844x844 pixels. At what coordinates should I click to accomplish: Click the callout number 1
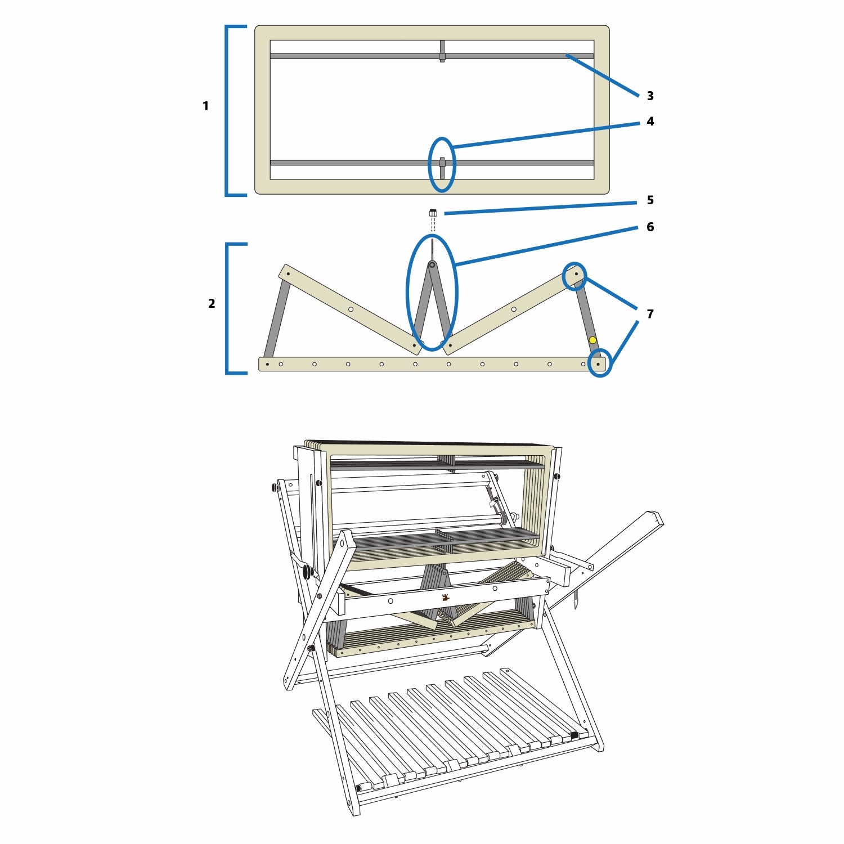pyautogui.click(x=205, y=106)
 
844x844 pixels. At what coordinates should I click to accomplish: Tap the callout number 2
pyautogui.click(x=212, y=304)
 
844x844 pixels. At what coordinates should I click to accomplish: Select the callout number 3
pyautogui.click(x=650, y=96)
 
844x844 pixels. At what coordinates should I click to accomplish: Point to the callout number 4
pyautogui.click(x=650, y=122)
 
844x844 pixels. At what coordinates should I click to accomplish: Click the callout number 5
pyautogui.click(x=650, y=200)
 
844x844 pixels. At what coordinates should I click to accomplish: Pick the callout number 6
pyautogui.click(x=650, y=227)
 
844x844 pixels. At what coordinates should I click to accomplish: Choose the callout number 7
pyautogui.click(x=650, y=314)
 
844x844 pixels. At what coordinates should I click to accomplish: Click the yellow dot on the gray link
pyautogui.click(x=592, y=340)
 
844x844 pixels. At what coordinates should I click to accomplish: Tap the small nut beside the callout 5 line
pyautogui.click(x=433, y=213)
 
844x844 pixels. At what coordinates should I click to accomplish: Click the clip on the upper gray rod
pyautogui.click(x=442, y=51)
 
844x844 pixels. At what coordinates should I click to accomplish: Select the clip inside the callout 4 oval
pyautogui.click(x=442, y=167)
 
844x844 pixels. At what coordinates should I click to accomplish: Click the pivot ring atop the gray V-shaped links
pyautogui.click(x=432, y=264)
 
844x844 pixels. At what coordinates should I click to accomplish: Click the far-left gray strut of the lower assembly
pyautogui.click(x=277, y=318)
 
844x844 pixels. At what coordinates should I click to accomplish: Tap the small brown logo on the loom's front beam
pyautogui.click(x=445, y=598)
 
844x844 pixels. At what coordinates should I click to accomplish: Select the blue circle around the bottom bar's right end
pyautogui.click(x=599, y=363)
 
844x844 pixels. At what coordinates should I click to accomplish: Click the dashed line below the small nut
pyautogui.click(x=433, y=225)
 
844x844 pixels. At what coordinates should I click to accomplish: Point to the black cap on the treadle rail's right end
pyautogui.click(x=574, y=735)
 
